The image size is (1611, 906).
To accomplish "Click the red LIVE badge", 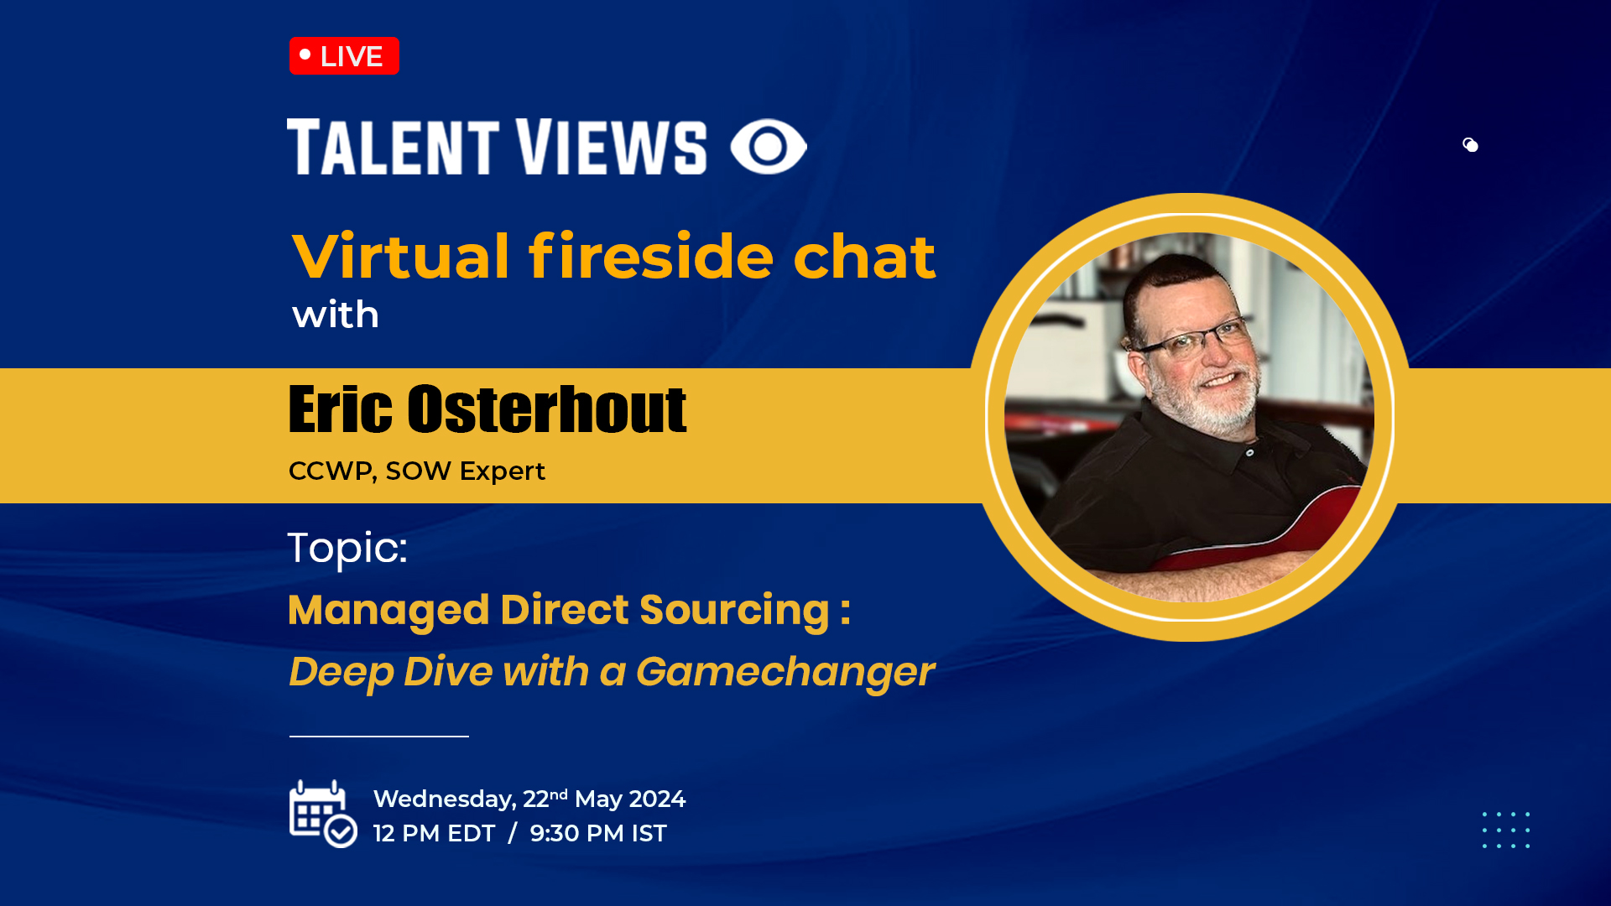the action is pyautogui.click(x=344, y=56).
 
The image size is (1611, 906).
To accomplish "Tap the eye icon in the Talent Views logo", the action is pyautogui.click(x=769, y=147).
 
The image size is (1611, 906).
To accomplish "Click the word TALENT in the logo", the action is pyautogui.click(x=394, y=147).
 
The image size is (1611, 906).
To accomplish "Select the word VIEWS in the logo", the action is pyautogui.click(x=611, y=147).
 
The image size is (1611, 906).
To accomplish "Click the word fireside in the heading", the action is pyautogui.click(x=651, y=256).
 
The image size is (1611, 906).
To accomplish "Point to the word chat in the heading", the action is pyautogui.click(x=864, y=256).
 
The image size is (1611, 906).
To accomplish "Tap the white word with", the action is pyautogui.click(x=336, y=315).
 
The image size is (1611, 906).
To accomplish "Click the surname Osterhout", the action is pyautogui.click(x=547, y=409).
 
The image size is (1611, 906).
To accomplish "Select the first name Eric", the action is pyautogui.click(x=341, y=409).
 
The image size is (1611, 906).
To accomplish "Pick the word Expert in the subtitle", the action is pyautogui.click(x=503, y=471).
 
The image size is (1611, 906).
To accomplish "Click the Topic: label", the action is pyautogui.click(x=347, y=548).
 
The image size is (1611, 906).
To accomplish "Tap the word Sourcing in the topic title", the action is pyautogui.click(x=735, y=610).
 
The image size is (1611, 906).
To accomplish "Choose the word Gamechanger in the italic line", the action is pyautogui.click(x=785, y=671).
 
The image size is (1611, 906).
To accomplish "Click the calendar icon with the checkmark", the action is pyautogui.click(x=323, y=814).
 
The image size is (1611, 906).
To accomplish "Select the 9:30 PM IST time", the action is pyautogui.click(x=598, y=833).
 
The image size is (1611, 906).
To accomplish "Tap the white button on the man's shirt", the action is pyautogui.click(x=1250, y=453).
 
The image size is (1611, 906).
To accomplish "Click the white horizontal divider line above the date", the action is pyautogui.click(x=379, y=737).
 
